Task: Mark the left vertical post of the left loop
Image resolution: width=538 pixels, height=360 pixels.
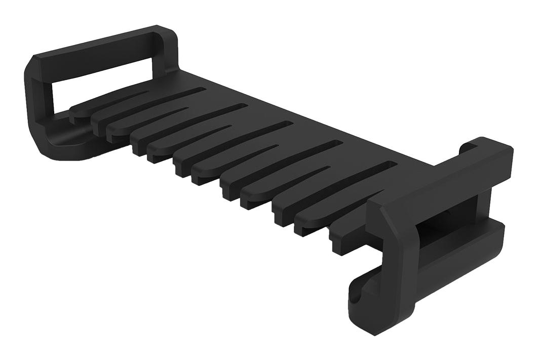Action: pos(38,101)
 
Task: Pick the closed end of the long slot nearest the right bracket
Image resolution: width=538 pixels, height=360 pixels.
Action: pos(391,164)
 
